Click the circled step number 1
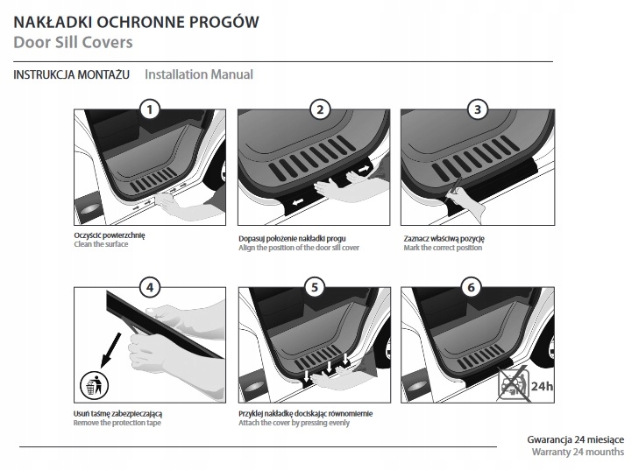tap(151, 109)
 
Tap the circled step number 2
tap(320, 109)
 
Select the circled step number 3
tap(477, 109)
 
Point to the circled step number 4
tap(151, 286)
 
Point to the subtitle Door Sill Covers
tap(73, 42)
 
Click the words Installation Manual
tap(199, 74)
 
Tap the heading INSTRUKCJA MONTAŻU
tap(72, 74)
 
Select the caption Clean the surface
tap(102, 244)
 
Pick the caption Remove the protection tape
tap(117, 423)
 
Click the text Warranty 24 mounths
tap(578, 452)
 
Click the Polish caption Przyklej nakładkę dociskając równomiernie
tap(307, 412)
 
